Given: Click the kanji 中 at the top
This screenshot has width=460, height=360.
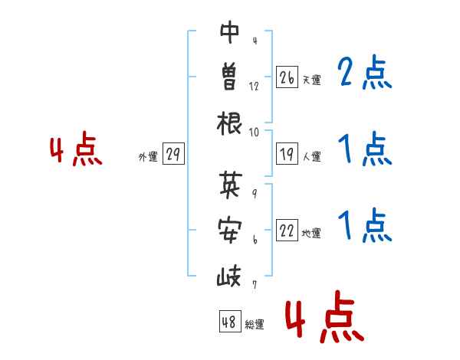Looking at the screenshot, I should coord(230,33).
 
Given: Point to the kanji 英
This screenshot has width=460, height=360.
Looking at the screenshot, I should coord(230,185).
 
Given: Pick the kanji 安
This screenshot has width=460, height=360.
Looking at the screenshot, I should coord(230,229).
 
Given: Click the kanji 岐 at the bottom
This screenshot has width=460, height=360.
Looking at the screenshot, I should coord(230,273).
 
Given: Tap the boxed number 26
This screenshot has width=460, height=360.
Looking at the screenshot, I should coord(287,77).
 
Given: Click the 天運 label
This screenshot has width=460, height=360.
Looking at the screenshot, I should coord(311,80).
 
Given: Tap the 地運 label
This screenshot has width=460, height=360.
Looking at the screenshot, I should coord(311,234).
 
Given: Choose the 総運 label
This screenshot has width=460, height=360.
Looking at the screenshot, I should coord(255,324).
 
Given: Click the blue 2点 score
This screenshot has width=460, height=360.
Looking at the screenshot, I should coord(365,74).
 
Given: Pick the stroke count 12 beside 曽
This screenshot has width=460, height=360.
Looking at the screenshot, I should coord(254,87).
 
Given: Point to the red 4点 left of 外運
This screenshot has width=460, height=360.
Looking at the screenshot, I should coord(76,151).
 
